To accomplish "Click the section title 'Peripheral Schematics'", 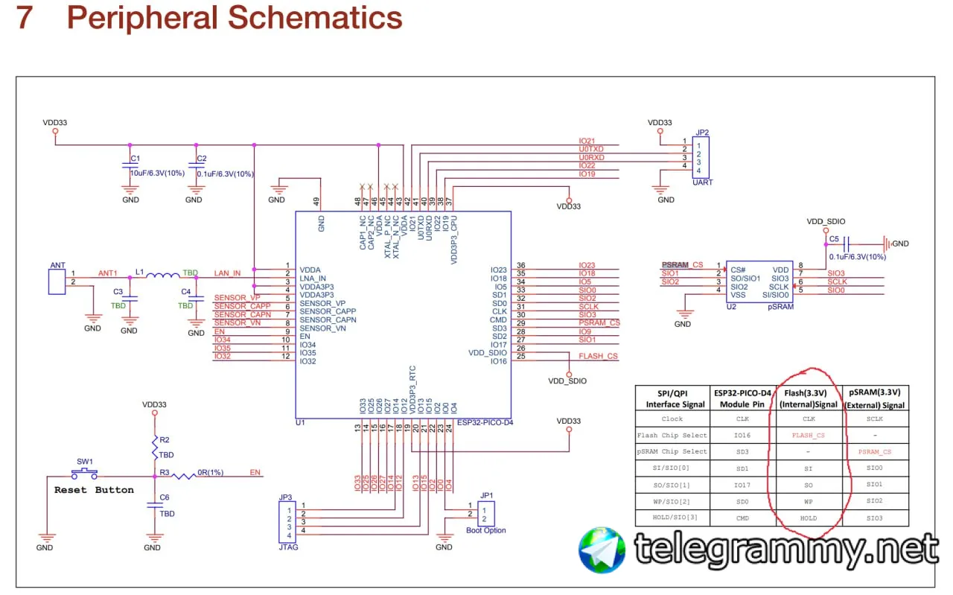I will [x=235, y=18].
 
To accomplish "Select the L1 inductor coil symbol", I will [x=162, y=276].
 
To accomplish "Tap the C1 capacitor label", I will [x=135, y=159].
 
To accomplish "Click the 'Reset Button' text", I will [x=94, y=490].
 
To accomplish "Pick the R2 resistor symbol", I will [x=155, y=449].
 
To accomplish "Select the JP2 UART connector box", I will [x=701, y=156].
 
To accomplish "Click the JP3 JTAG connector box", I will [x=284, y=521].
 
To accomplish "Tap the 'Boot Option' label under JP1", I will [x=485, y=531].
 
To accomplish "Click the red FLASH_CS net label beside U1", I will [x=598, y=356].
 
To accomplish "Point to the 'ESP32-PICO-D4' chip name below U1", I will [x=485, y=422].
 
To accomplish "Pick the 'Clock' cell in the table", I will [x=672, y=419].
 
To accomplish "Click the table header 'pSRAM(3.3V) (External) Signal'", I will [x=875, y=398].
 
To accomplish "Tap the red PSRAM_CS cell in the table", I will [x=875, y=452].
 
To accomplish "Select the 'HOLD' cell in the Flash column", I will [x=808, y=518].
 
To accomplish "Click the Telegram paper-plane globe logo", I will [x=602, y=550].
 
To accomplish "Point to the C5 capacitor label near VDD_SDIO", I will [x=834, y=239].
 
